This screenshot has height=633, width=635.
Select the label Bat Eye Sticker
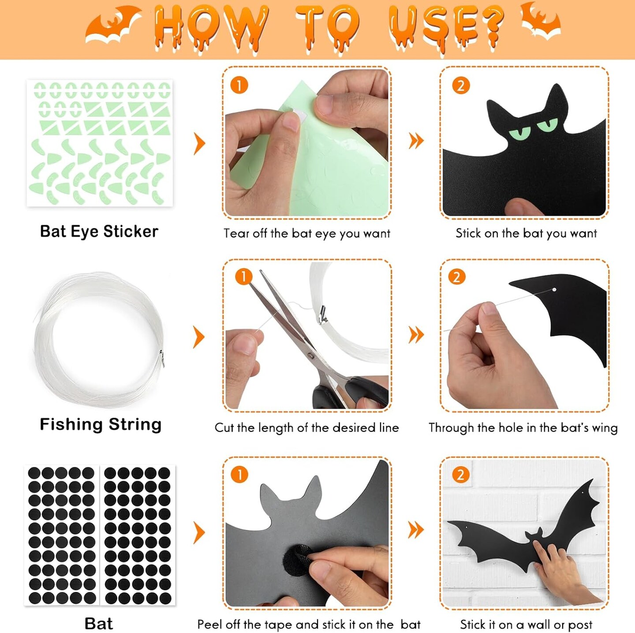pyautogui.click(x=99, y=232)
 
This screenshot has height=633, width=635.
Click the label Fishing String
pyautogui.click(x=101, y=424)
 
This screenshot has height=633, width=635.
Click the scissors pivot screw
pyautogui.click(x=310, y=355)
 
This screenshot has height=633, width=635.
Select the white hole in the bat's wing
pyautogui.click(x=554, y=289)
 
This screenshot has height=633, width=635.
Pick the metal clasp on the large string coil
pyautogui.click(x=161, y=359)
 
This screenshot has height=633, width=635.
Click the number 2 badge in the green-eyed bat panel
pyautogui.click(x=461, y=86)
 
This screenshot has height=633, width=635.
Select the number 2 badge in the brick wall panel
pyautogui.click(x=460, y=475)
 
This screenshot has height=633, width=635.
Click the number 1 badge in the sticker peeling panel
pyautogui.click(x=239, y=86)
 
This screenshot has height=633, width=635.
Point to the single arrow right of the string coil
pyautogui.click(x=199, y=337)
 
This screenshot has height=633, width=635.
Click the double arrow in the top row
pyautogui.click(x=416, y=141)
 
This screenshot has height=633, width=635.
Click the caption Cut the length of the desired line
pyautogui.click(x=306, y=427)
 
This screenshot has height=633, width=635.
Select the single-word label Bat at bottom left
pyautogui.click(x=98, y=614)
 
